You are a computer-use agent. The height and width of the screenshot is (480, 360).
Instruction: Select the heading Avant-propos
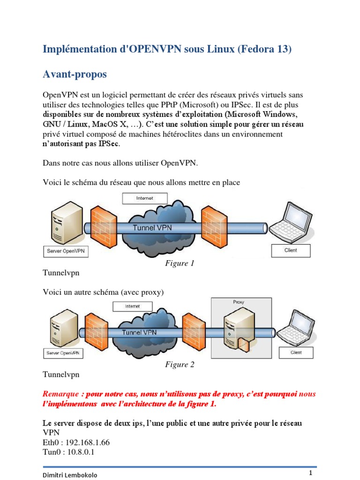pos(75,74)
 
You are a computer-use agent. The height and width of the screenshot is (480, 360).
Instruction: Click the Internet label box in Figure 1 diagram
pos(144,198)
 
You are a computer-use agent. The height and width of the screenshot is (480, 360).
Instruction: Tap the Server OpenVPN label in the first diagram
pos(66,251)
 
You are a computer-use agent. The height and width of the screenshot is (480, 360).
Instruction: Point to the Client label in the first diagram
pos(291,250)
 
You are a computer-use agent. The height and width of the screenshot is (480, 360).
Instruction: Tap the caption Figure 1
pos(180,263)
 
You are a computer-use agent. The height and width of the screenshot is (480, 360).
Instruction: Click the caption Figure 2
pos(180,364)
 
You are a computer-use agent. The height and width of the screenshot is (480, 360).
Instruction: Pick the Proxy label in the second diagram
pos(239,302)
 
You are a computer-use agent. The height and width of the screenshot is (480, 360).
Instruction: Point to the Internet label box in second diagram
pos(132,306)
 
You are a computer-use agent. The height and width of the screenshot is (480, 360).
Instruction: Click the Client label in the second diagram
pos(296,352)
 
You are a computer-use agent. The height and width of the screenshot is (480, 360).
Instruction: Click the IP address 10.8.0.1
pos(82,452)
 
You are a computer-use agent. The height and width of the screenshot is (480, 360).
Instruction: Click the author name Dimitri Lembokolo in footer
pos(71,475)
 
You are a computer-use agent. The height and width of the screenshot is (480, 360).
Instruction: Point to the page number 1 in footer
pos(310,472)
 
